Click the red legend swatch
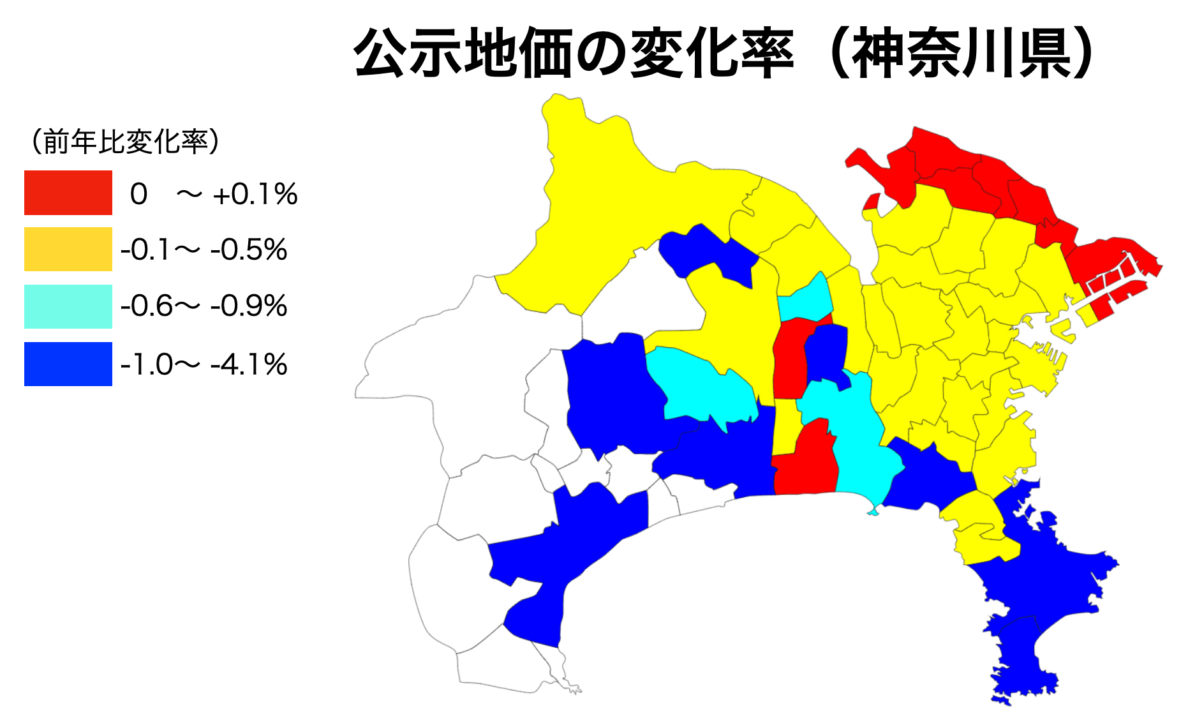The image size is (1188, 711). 68,192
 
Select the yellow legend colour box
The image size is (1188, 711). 68,249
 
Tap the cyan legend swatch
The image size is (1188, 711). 68,306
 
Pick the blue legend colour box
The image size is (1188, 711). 68,364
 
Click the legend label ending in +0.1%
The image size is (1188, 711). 214,194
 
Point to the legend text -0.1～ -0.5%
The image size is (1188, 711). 204,250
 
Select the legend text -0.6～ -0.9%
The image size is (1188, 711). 204,306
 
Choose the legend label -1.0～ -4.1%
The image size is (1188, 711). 204,365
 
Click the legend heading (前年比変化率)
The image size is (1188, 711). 125,142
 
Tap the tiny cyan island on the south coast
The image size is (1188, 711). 873,511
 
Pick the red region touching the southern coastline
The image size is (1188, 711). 806,466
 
